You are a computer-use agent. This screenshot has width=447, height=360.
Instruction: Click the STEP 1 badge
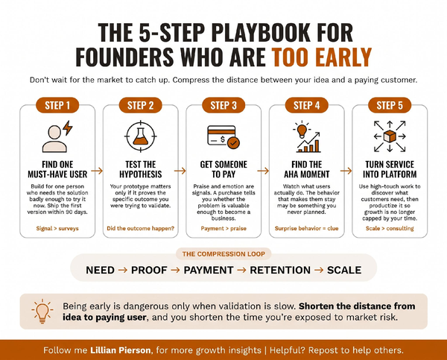click(x=57, y=105)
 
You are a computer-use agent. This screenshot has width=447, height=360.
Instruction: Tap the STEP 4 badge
click(x=306, y=105)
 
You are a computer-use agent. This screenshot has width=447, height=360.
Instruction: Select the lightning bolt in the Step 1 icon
click(x=68, y=127)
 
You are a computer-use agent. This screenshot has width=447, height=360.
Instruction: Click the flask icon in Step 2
click(x=141, y=136)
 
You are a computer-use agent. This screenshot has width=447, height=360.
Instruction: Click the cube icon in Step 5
click(x=390, y=136)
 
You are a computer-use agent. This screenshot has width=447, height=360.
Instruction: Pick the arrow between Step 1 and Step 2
click(x=97, y=171)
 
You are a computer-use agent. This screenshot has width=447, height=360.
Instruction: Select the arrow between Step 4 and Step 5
click(x=346, y=171)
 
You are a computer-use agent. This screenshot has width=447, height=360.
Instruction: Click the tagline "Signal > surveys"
click(x=57, y=228)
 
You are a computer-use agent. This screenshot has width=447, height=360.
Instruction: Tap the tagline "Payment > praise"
click(x=223, y=228)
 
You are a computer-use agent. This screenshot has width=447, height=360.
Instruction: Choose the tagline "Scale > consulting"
click(x=390, y=228)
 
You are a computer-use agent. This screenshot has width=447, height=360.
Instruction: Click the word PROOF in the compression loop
click(x=149, y=270)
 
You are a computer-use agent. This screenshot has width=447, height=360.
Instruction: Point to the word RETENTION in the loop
click(x=280, y=270)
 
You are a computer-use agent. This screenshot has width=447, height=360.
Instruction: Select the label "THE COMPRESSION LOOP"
click(x=223, y=254)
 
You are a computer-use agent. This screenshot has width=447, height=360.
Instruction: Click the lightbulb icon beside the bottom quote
click(x=42, y=312)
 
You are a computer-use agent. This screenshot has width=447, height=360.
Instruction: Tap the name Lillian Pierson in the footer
click(x=120, y=350)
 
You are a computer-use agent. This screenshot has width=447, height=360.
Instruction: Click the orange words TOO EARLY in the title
click(x=322, y=57)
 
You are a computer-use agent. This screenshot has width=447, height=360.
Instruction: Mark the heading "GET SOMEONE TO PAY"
click(x=223, y=169)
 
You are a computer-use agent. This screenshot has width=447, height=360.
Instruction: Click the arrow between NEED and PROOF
click(x=123, y=270)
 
